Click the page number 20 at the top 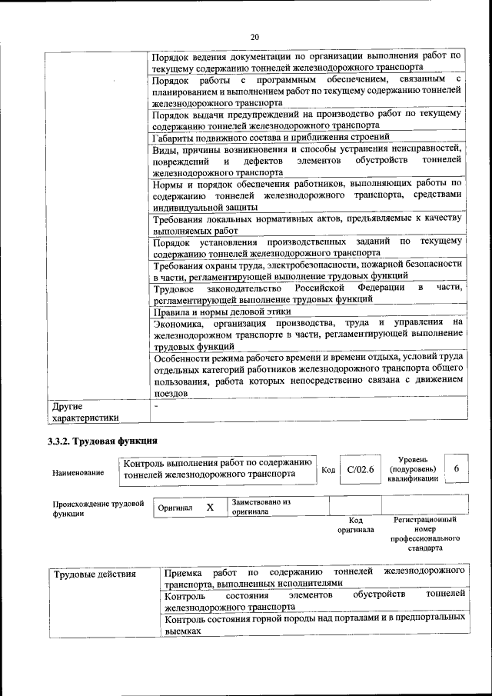click(x=254, y=37)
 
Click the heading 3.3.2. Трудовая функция click(x=102, y=441)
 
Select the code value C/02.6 click(x=360, y=470)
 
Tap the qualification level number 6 click(x=457, y=469)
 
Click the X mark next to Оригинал click(x=210, y=508)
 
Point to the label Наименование click(x=78, y=473)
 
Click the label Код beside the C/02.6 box click(x=328, y=470)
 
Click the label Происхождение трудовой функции click(x=98, y=509)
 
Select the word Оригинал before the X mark click(x=175, y=508)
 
